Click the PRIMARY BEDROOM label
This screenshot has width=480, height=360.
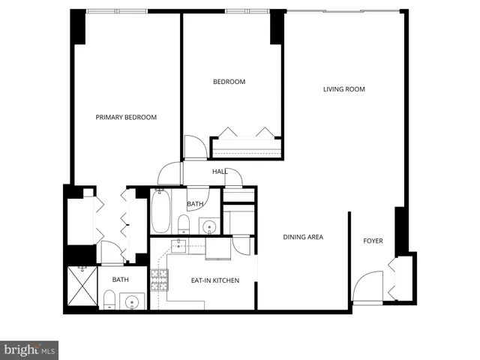pyautogui.click(x=126, y=117)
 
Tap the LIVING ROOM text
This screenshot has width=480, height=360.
pyautogui.click(x=343, y=89)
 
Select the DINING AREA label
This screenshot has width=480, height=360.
pyautogui.click(x=303, y=237)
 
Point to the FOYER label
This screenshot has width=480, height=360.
pyautogui.click(x=373, y=241)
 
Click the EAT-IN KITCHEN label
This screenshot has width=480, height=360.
pyautogui.click(x=215, y=280)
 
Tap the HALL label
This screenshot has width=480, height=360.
pyautogui.click(x=220, y=172)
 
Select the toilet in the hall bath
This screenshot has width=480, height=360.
pyautogui.click(x=183, y=223)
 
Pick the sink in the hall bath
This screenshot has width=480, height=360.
pyautogui.click(x=209, y=226)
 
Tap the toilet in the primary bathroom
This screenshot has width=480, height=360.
pyautogui.click(x=109, y=301)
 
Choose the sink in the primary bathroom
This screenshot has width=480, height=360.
pyautogui.click(x=133, y=303)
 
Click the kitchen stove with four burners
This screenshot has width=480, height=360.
pyautogui.click(x=158, y=281)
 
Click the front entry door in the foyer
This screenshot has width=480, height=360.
pyautogui.click(x=367, y=289)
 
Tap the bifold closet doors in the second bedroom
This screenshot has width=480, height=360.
pyautogui.click(x=247, y=133)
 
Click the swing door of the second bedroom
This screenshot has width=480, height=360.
pyautogui.click(x=195, y=147)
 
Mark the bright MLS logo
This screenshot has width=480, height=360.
pyautogui.click(x=29, y=349)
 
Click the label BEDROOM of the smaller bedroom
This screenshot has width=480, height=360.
pyautogui.click(x=229, y=82)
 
